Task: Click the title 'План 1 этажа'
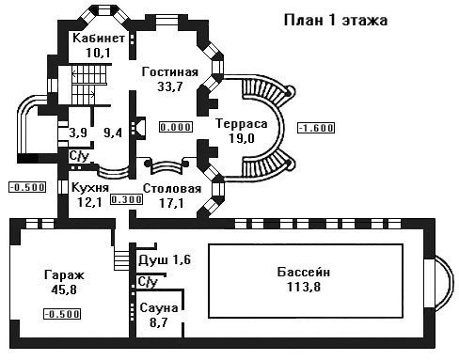tap(336, 21)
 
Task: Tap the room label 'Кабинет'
tap(99, 38)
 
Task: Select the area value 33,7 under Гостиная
tap(169, 86)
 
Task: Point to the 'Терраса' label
tap(242, 124)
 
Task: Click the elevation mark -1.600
tap(316, 128)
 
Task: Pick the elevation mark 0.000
tap(176, 127)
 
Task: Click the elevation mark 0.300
tap(126, 199)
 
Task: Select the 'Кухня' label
tap(90, 188)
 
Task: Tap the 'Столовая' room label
tap(172, 189)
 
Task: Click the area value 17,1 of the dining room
tap(171, 203)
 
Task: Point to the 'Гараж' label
tap(64, 275)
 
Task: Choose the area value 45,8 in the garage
tap(64, 290)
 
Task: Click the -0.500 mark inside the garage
tap(62, 314)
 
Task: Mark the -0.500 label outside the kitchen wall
tap(27, 187)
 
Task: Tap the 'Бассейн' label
tap(304, 273)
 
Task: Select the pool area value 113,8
tap(304, 287)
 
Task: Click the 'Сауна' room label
tap(159, 308)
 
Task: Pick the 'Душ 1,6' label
tap(165, 260)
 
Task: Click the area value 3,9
tap(78, 133)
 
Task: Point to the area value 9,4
tap(113, 133)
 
